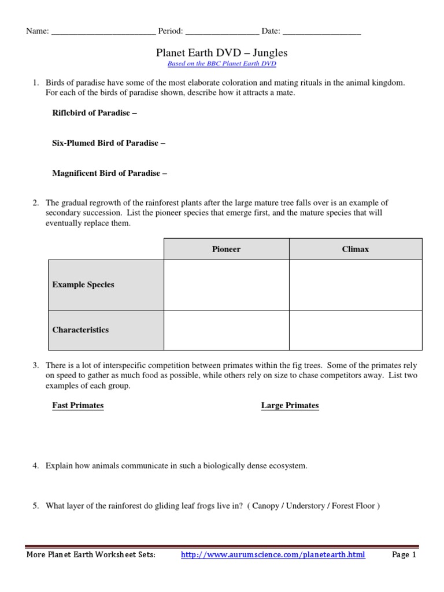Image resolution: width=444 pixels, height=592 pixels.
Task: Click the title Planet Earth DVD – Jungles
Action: pyautogui.click(x=222, y=53)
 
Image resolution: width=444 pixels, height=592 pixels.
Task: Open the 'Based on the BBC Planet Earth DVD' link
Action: pyautogui.click(x=222, y=64)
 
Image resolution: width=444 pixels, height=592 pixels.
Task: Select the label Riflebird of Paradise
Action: pyautogui.click(x=94, y=113)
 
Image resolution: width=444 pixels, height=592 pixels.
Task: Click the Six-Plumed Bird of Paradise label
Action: pyautogui.click(x=108, y=143)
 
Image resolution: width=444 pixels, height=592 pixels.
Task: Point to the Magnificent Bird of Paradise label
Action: pyautogui.click(x=110, y=173)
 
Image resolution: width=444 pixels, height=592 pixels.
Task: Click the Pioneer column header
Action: pyautogui.click(x=226, y=249)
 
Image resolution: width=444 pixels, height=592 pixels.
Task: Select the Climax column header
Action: pyautogui.click(x=355, y=249)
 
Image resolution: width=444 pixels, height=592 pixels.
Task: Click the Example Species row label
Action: pyautogui.click(x=83, y=284)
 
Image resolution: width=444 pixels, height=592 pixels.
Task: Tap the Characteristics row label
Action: pyautogui.click(x=80, y=330)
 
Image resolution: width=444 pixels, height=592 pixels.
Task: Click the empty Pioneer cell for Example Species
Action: pyautogui.click(x=226, y=284)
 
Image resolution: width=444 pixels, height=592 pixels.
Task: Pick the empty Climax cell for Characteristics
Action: pyautogui.click(x=355, y=330)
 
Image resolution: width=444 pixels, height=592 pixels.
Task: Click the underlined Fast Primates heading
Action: pyautogui.click(x=78, y=405)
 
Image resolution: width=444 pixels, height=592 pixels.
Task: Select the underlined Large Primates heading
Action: pyautogui.click(x=290, y=405)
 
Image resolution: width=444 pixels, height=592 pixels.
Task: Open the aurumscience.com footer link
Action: pyautogui.click(x=273, y=555)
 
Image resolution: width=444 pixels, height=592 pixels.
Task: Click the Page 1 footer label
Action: pyautogui.click(x=404, y=555)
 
